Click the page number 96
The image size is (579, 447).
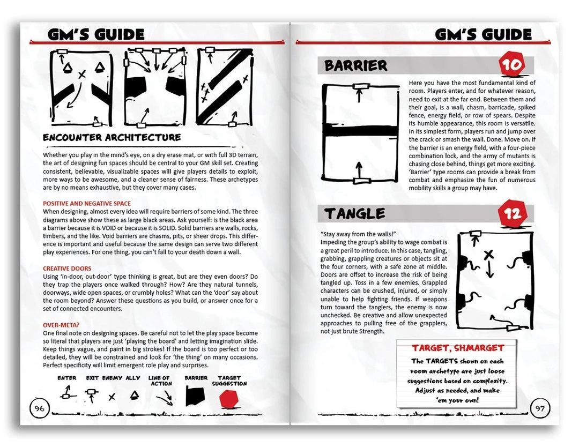point(39,408)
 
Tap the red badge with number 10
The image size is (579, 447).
point(511,65)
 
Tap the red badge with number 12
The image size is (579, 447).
point(510,214)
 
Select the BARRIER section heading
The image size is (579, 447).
point(356,66)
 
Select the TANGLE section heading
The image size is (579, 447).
point(355,214)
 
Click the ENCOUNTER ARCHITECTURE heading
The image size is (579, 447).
point(112,137)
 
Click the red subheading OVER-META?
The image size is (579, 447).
point(62,325)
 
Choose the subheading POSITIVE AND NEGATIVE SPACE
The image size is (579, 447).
point(86,204)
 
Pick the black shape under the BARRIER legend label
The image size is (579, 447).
point(196,397)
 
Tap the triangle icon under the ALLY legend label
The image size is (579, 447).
point(133,396)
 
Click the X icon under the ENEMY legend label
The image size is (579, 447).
point(112,397)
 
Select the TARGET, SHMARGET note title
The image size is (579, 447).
point(457,348)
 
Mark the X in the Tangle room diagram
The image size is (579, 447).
point(488,255)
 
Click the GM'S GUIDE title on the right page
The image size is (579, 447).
point(482,35)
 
